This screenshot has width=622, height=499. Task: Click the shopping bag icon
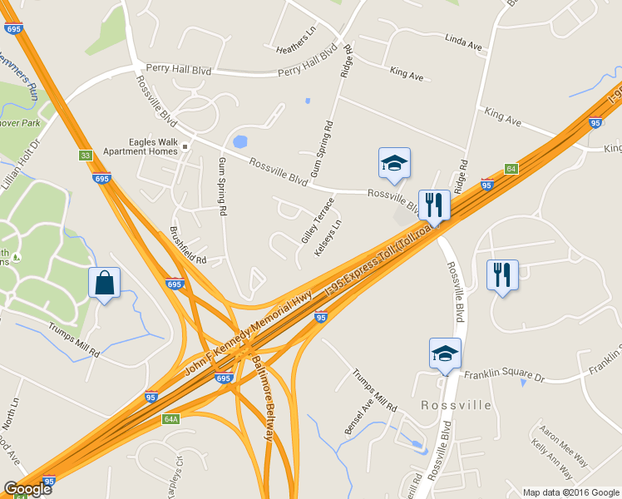coord(105,282)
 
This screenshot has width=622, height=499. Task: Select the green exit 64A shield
coord(171,419)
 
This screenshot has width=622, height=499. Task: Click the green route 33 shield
coord(85,156)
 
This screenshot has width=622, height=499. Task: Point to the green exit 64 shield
coord(511,169)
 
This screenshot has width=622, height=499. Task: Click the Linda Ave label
coord(464,42)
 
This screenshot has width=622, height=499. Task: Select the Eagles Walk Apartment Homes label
coord(141,147)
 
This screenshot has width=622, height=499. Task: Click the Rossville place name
coord(456,405)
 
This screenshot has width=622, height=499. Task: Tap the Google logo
coord(27,488)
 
